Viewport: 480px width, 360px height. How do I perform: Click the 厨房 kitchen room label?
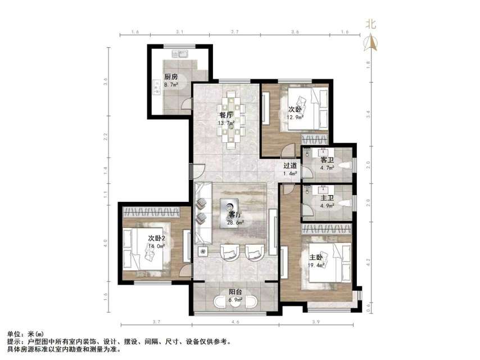click(171, 77)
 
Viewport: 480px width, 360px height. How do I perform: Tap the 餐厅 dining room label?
click(226, 115)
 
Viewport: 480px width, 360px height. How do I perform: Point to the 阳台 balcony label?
click(236, 292)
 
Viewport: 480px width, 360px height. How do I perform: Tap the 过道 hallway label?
click(290, 166)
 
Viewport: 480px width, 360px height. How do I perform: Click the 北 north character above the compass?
click(371, 24)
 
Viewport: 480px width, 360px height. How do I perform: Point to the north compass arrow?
click(371, 43)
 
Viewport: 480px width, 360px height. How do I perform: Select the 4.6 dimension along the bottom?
click(236, 322)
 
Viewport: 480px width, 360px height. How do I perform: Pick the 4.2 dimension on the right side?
click(368, 262)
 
